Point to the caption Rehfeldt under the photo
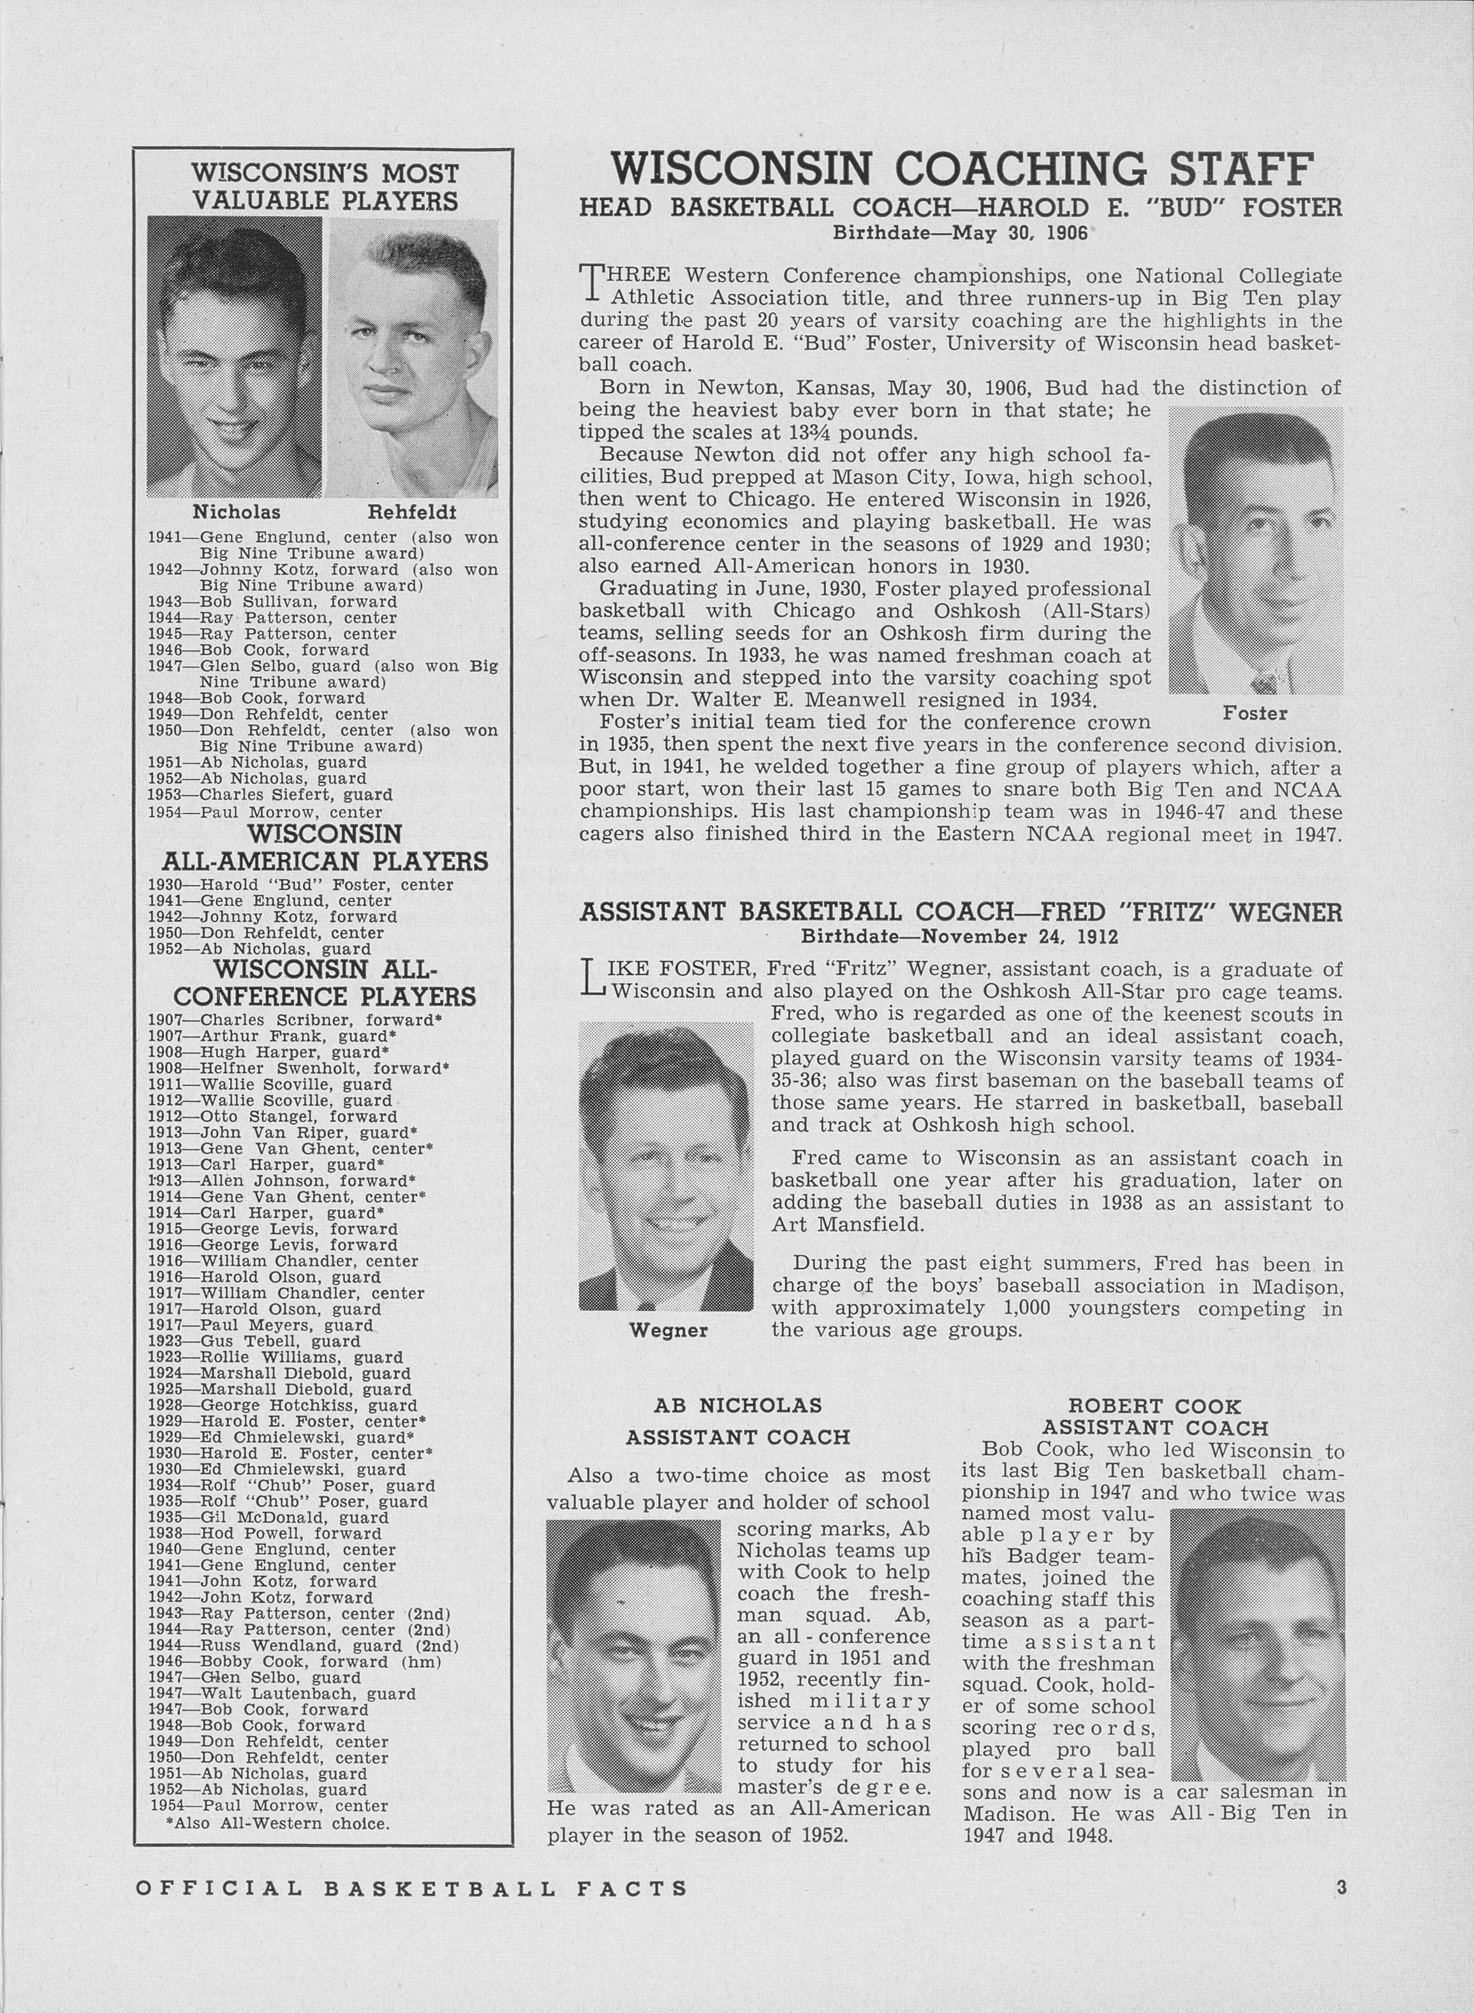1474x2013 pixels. tap(411, 512)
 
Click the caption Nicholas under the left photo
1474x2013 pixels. tap(237, 512)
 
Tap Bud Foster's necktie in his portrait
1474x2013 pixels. tap(1264, 683)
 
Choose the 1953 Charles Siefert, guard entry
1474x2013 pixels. tap(271, 795)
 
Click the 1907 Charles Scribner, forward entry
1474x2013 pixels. tap(295, 1020)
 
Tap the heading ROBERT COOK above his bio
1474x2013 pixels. tap(1154, 1407)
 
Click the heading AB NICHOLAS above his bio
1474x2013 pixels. tap(737, 1406)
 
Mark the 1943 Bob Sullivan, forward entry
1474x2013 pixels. tap(272, 602)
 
